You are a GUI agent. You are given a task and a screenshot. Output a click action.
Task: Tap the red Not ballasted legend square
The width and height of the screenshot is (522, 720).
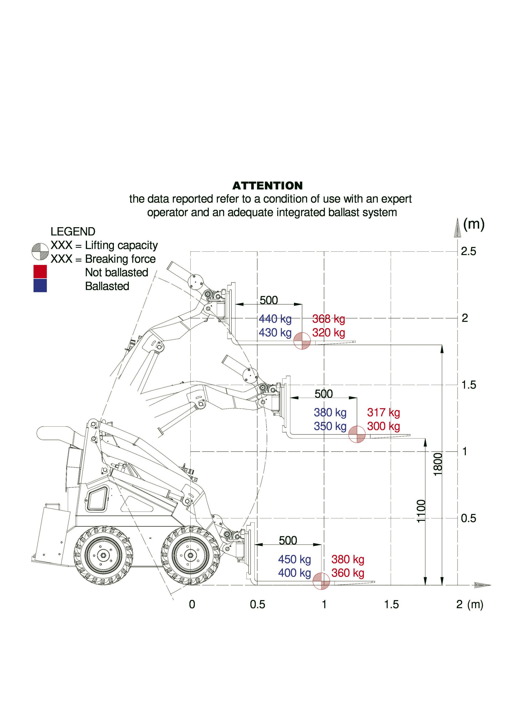click(40, 272)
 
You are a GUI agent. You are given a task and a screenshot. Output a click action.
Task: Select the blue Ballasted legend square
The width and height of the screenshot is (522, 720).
click(40, 285)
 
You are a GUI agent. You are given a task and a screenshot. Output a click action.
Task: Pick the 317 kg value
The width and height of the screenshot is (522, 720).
click(383, 412)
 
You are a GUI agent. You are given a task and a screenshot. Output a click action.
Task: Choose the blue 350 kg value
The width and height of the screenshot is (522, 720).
click(330, 426)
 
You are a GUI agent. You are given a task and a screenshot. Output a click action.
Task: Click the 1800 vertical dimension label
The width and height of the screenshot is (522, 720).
click(438, 464)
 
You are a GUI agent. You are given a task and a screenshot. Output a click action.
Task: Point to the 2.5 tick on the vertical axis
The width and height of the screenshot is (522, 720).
click(468, 251)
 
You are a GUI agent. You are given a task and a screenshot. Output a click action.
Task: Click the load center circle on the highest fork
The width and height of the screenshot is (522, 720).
click(302, 341)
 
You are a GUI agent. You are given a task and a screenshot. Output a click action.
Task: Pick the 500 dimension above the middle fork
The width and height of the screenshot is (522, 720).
click(323, 394)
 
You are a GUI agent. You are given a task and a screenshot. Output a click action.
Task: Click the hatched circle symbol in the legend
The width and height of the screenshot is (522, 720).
click(40, 252)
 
